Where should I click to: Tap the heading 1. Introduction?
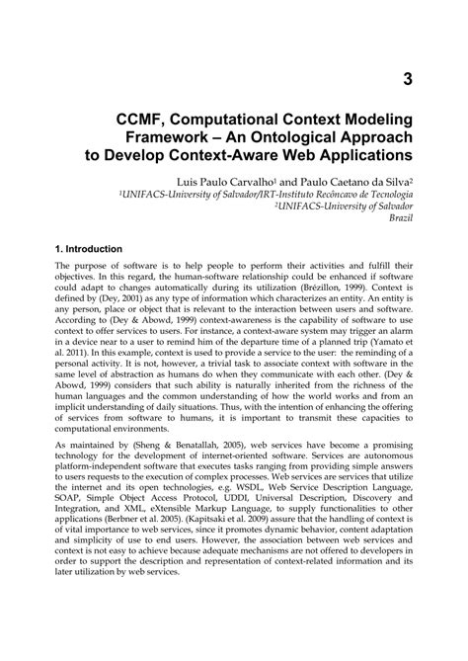pos(89,250)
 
